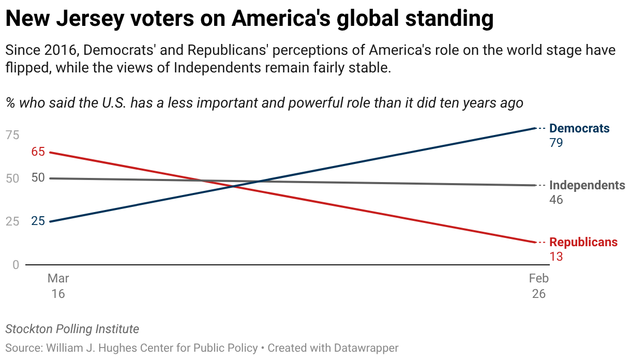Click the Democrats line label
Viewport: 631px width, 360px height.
tap(579, 128)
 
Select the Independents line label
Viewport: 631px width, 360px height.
tap(587, 185)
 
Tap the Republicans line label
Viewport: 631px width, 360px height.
tap(583, 242)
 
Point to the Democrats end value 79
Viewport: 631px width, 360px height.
tap(556, 143)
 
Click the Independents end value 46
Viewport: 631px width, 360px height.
tap(556, 200)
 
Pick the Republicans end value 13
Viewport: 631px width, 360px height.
tap(556, 257)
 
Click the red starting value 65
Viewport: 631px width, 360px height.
tap(38, 152)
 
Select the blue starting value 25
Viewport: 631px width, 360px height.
tap(38, 221)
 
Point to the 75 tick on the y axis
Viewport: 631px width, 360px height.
tap(12, 135)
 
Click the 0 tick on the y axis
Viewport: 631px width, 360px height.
tap(16, 265)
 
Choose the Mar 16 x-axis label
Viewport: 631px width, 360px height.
tap(58, 286)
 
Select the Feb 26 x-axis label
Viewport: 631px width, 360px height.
tap(538, 286)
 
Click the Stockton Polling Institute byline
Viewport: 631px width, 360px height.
tap(72, 329)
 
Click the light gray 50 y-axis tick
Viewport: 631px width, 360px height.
tap(12, 178)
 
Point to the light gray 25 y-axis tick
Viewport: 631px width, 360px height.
tap(12, 221)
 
